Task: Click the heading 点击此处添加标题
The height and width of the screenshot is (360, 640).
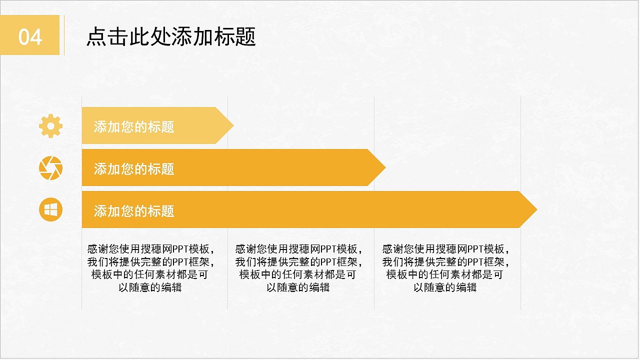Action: click(171, 37)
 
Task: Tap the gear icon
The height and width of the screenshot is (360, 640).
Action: click(51, 126)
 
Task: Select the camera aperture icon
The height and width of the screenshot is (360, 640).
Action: click(51, 168)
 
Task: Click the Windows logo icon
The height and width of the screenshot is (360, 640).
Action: click(51, 210)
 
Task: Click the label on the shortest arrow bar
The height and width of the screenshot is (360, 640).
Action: click(134, 126)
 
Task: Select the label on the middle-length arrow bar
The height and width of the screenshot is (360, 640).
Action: click(134, 168)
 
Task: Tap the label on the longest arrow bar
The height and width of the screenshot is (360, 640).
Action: click(134, 210)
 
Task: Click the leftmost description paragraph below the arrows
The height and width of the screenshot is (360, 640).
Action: click(150, 268)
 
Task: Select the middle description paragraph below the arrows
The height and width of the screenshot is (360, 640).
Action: click(298, 268)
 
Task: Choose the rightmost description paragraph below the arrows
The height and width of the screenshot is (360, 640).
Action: click(445, 268)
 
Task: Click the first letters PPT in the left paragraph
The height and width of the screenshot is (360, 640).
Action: click(180, 249)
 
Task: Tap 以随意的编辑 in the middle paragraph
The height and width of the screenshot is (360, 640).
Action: click(298, 287)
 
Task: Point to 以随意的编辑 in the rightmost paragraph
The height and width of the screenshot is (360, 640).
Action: click(445, 287)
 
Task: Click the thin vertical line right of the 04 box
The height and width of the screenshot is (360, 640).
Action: click(64, 35)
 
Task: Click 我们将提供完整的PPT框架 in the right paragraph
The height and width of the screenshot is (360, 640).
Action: click(445, 262)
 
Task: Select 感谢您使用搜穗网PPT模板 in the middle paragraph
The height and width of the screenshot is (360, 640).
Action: click(298, 249)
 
